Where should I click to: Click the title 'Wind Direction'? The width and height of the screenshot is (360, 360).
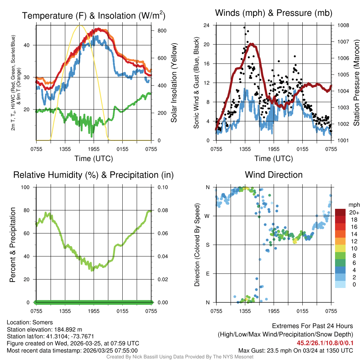tap(274, 175)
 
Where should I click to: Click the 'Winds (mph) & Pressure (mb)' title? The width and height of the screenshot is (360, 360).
tap(274, 13)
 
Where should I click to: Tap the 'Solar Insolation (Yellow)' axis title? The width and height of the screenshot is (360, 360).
tap(174, 83)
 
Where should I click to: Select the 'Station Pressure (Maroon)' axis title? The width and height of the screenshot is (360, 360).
tap(356, 83)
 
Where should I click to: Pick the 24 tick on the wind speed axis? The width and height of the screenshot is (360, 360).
tap(207, 25)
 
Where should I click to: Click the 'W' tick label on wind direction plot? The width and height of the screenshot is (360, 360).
tap(207, 216)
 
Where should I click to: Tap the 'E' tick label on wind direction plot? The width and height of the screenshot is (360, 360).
tap(207, 274)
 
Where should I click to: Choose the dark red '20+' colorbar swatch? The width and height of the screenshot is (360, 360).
tap(340, 213)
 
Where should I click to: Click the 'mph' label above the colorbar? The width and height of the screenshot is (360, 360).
tap(354, 205)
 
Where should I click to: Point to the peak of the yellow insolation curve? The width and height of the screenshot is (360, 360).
tap(80, 25)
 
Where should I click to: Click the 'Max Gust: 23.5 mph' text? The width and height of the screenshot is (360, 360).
tap(261, 351)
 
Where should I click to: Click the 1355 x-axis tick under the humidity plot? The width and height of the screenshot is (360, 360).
tap(65, 311)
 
